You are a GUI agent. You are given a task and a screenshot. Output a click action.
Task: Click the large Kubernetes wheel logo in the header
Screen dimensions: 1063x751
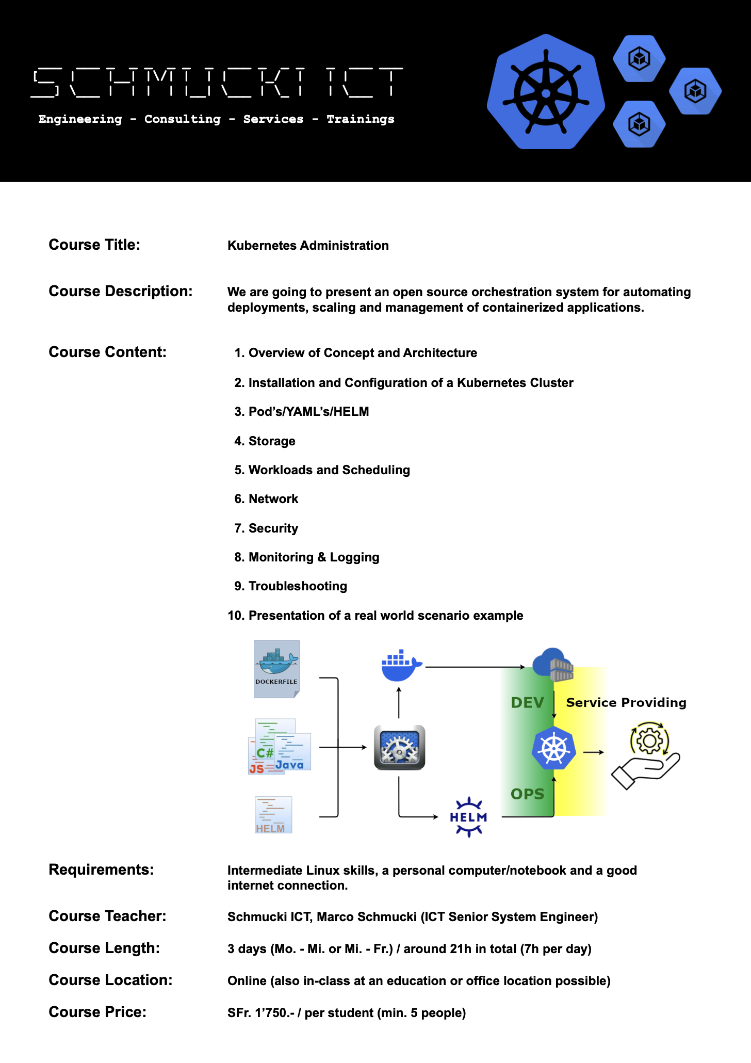point(546,92)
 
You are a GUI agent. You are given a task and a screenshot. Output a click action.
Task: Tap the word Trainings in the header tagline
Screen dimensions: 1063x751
point(360,119)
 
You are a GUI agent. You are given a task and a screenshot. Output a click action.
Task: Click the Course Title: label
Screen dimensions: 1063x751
point(94,245)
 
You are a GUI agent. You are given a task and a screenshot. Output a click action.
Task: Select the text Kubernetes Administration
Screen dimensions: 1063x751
point(308,246)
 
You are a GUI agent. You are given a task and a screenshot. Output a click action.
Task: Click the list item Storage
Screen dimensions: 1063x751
point(272,441)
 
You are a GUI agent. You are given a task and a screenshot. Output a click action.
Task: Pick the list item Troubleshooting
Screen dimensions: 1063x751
point(298,586)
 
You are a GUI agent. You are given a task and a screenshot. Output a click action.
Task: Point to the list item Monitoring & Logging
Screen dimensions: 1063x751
point(314,557)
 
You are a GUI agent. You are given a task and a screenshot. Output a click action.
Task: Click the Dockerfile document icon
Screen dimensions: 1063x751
point(276,669)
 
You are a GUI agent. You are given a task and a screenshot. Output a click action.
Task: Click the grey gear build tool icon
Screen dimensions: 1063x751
point(399,748)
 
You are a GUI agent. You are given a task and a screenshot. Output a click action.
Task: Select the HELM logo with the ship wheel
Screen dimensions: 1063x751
point(468,817)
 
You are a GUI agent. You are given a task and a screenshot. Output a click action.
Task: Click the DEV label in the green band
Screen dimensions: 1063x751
point(527,703)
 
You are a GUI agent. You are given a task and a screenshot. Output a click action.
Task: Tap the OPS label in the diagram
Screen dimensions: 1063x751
point(527,794)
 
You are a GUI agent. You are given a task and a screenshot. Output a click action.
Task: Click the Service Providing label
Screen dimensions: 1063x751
point(626,703)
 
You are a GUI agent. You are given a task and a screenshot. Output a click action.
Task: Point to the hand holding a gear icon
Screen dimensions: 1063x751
point(647,755)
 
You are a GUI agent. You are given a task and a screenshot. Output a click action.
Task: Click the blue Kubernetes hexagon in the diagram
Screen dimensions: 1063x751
point(553,748)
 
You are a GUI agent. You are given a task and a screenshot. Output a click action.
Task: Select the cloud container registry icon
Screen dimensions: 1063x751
point(553,665)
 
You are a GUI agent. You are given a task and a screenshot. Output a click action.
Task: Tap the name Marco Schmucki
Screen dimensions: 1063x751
point(366,917)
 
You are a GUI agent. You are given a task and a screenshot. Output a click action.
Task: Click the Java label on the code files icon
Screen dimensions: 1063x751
point(289,765)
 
